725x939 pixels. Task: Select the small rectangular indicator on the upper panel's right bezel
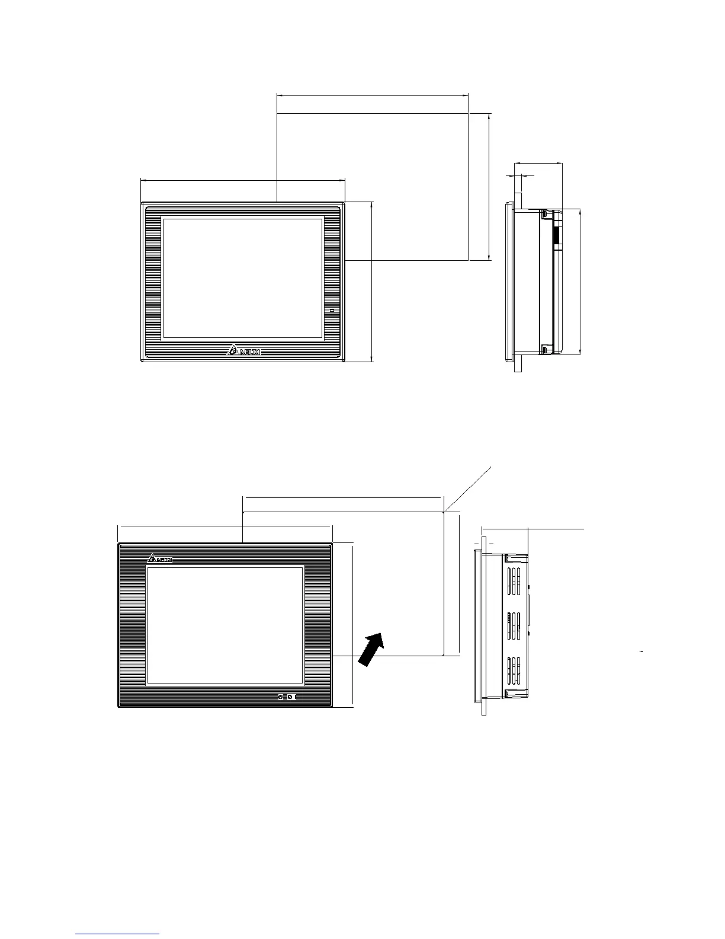pyautogui.click(x=332, y=310)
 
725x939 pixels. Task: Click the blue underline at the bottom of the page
pyautogui.click(x=118, y=934)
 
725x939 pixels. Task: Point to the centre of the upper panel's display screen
pyautogui.click(x=243, y=279)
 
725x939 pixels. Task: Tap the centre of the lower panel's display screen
pyautogui.click(x=224, y=625)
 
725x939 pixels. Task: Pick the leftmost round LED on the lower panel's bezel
pyautogui.click(x=281, y=696)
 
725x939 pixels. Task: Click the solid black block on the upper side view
pyautogui.click(x=557, y=236)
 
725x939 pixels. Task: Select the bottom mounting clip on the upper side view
pyautogui.click(x=548, y=349)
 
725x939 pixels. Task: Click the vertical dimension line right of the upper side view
pyautogui.click(x=580, y=282)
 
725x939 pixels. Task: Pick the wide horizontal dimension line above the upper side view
pyautogui.click(x=538, y=163)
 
